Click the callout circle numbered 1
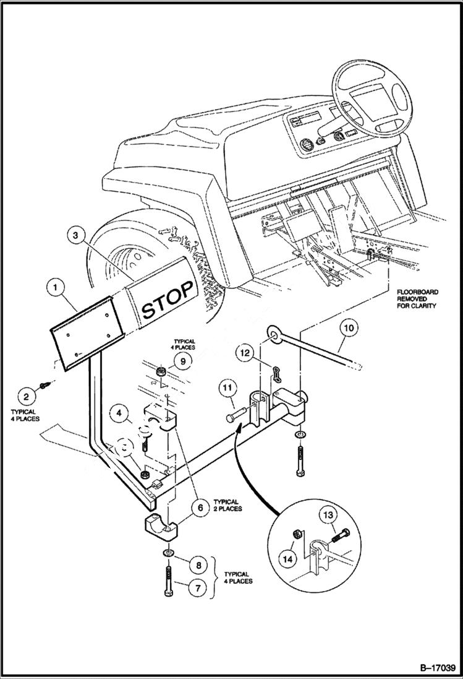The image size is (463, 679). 56,287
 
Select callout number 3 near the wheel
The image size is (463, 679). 75,235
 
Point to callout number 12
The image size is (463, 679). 245,353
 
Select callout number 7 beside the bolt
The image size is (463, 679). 198,587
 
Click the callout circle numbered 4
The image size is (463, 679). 121,412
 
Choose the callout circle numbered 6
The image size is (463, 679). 199,508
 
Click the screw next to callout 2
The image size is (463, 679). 45,384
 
